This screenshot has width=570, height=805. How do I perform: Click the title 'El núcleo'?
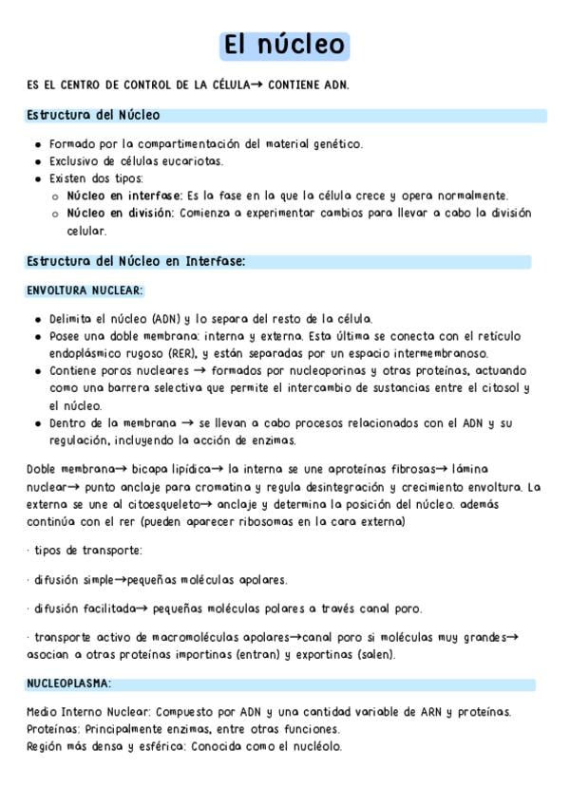[x=284, y=45]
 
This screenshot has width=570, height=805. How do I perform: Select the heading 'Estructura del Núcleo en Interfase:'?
[x=136, y=260]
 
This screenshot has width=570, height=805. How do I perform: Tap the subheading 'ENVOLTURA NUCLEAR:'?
[x=85, y=290]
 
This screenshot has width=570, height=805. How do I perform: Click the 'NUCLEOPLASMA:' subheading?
[x=68, y=683]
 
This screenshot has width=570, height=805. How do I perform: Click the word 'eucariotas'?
[x=197, y=161]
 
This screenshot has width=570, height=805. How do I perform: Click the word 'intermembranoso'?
[x=441, y=353]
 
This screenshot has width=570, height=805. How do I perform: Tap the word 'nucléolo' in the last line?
[x=315, y=746]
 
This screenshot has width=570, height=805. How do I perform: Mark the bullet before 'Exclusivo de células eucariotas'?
[x=37, y=161]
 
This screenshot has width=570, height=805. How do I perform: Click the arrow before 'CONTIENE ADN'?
[x=256, y=84]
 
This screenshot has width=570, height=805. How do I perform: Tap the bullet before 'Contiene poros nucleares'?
[x=37, y=370]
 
